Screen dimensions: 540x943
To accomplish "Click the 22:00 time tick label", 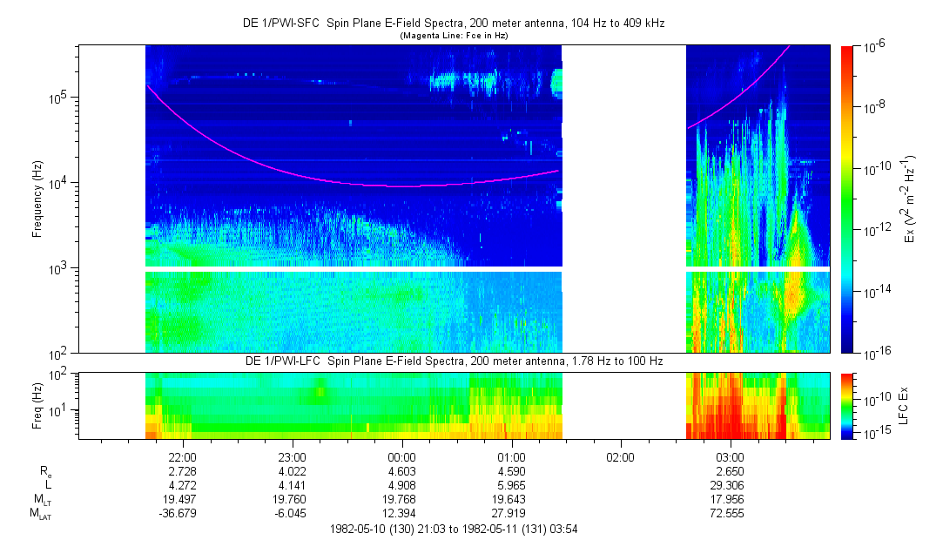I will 182,457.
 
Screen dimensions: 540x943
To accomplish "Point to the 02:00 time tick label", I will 620,457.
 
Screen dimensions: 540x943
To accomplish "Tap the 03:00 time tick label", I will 730,457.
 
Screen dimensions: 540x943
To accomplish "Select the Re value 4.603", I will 401,470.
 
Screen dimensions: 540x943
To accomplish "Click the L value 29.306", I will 730,483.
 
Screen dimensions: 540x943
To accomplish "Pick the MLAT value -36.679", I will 182,512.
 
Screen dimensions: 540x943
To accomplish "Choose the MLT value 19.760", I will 292,498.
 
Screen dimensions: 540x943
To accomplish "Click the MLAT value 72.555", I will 730,512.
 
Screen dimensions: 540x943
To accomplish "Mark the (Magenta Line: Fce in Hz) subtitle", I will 454,36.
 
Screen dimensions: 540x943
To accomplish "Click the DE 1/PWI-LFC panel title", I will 453,361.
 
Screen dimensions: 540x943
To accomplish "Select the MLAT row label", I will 40,513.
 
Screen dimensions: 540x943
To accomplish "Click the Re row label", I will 45,471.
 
